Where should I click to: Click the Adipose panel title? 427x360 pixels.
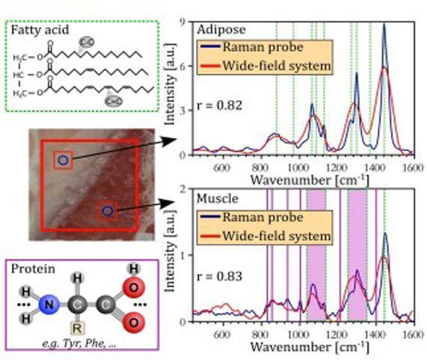(219, 31)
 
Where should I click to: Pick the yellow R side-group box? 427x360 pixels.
(76, 327)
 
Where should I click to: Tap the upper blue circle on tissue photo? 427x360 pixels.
(63, 160)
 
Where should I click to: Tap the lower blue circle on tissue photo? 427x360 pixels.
(108, 212)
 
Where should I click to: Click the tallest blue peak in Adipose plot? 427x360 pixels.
(384, 25)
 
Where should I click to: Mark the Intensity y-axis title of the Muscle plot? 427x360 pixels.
(169, 254)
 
